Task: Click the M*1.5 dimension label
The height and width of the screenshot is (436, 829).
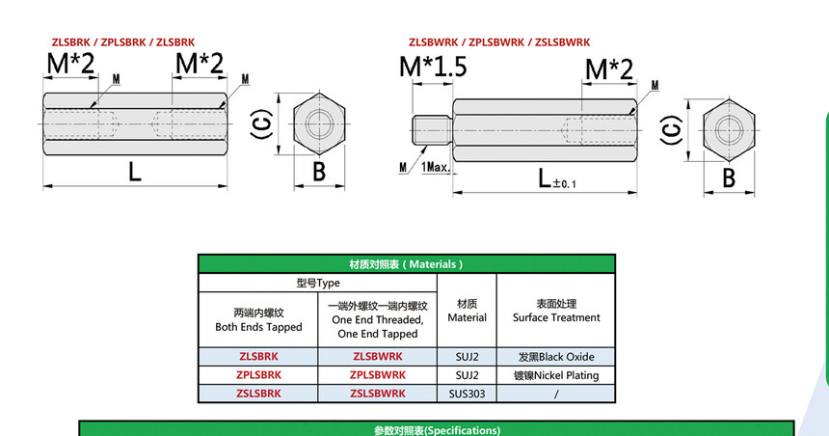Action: [x=433, y=68]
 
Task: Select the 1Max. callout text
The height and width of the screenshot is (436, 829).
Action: [x=436, y=168]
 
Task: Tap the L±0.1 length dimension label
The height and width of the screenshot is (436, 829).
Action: [x=557, y=178]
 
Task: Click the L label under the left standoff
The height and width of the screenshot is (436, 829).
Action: [x=135, y=172]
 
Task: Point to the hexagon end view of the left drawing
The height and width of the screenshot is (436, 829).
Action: [x=319, y=124]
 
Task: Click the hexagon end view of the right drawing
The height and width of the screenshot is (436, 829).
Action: [x=729, y=130]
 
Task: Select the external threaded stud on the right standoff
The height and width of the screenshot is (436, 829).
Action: [x=432, y=130]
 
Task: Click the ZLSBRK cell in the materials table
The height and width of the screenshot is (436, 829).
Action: [x=258, y=357]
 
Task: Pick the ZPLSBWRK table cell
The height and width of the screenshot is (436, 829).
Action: [x=378, y=375]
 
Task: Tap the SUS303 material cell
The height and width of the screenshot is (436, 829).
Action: [x=467, y=394]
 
